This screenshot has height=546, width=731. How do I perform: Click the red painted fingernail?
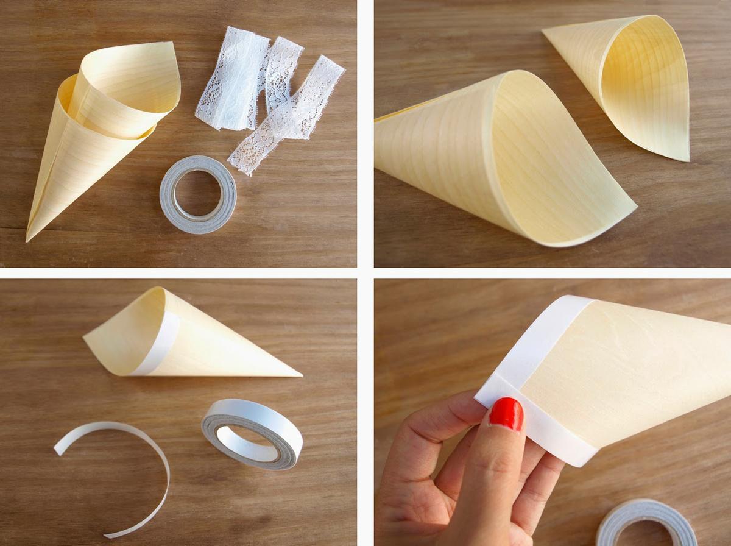coord(506,414)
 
